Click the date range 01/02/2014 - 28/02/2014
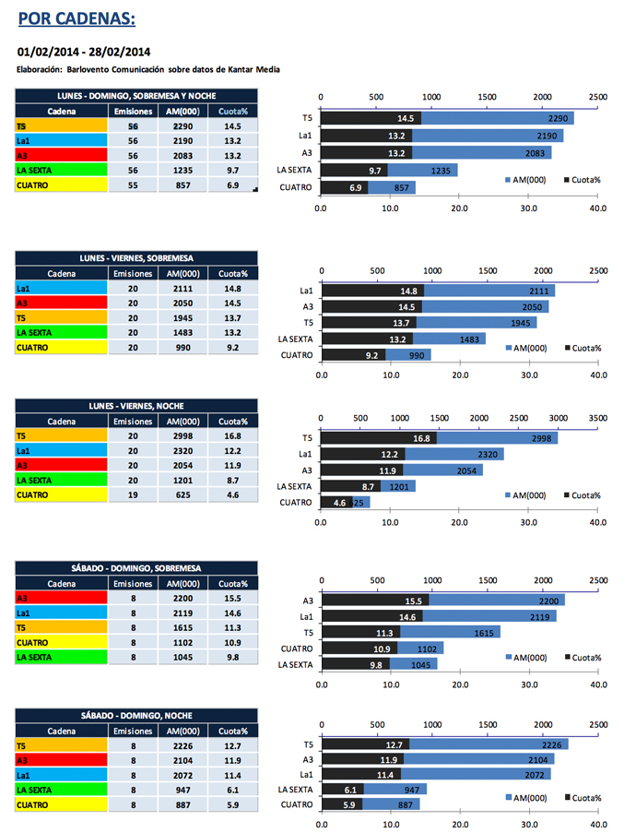pos(84,52)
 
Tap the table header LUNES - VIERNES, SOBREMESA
pos(135,257)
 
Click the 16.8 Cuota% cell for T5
pos(231,435)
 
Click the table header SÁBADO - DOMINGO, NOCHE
pos(135,715)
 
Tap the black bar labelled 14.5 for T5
pos(371,118)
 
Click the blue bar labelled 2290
pos(498,118)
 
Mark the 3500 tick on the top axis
pos(598,418)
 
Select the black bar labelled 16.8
pos(379,438)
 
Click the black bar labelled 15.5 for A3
pos(375,601)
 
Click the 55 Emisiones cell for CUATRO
pos(132,185)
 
